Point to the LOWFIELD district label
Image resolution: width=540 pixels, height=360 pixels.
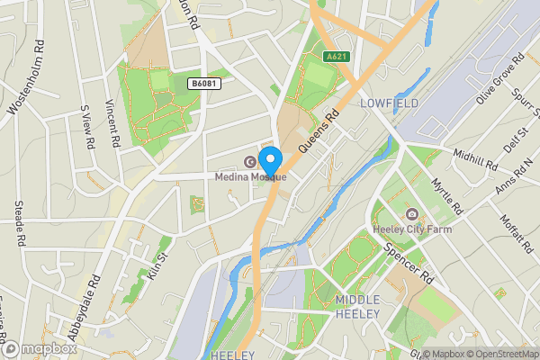pos(389,104)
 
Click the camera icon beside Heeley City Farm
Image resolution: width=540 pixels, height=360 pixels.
pos(412,215)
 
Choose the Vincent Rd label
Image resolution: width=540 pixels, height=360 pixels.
pos(112,122)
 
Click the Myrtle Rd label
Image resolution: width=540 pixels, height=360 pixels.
pos(446,196)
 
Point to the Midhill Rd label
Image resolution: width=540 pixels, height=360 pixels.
pos(475,159)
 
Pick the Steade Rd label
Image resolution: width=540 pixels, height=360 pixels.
pos(19,223)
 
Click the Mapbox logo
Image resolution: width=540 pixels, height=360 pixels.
pos(38,349)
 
